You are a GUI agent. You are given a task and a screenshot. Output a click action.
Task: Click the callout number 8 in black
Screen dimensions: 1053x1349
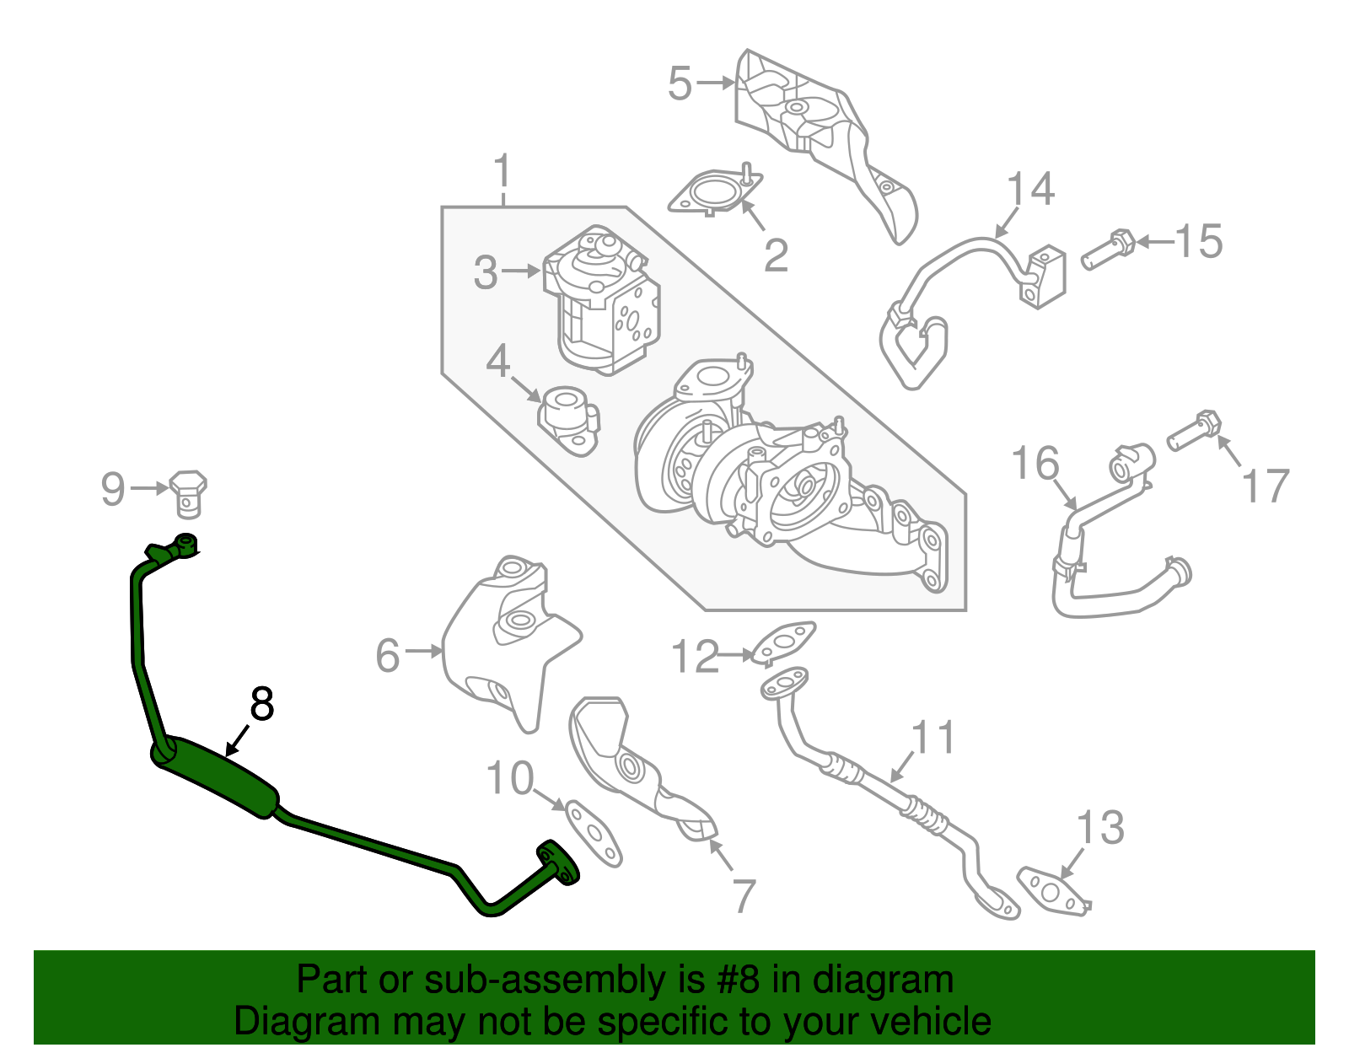point(262,704)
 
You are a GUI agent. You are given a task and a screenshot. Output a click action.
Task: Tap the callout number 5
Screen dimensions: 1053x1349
point(680,83)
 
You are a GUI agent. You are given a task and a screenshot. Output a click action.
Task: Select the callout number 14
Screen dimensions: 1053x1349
point(1030,189)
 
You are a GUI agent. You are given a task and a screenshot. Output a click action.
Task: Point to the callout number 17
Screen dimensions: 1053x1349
point(1266,486)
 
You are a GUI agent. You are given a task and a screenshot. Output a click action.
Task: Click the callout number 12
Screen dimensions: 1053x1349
point(695,657)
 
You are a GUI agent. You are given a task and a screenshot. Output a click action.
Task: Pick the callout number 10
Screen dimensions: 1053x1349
point(510,778)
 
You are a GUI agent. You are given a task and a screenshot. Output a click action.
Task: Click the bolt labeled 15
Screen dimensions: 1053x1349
point(1108,248)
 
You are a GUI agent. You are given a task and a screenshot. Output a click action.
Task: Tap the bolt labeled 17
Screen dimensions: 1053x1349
point(1194,430)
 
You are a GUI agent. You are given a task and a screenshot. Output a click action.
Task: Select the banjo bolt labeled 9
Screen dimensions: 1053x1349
point(188,493)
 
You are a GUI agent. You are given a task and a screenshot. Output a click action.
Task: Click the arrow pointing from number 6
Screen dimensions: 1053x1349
point(424,651)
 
